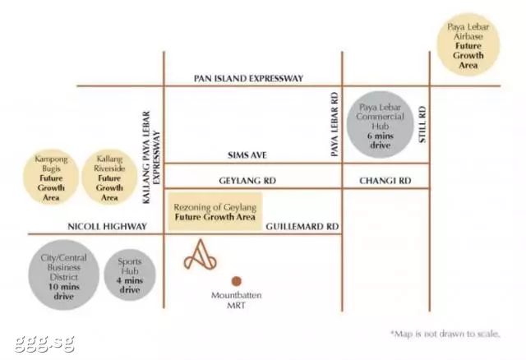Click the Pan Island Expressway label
[x=248, y=79]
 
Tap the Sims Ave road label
[x=247, y=155]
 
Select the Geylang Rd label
[x=247, y=181]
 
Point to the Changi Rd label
[x=385, y=181]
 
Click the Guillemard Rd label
[x=302, y=227]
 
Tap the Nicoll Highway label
[x=108, y=227]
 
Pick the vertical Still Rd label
[x=422, y=124]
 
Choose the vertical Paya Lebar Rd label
[x=335, y=124]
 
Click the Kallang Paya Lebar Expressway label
[x=151, y=157]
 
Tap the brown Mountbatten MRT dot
[x=236, y=281]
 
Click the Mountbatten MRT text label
[x=236, y=300]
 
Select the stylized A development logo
[x=201, y=255]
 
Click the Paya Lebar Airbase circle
[x=468, y=44]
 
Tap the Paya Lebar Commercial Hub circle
[x=380, y=124]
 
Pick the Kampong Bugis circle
[x=51, y=177]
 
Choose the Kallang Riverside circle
[x=109, y=177]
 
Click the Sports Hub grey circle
[x=130, y=275]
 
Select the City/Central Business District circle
[x=64, y=275]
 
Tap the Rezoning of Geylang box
[x=215, y=212]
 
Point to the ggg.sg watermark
[x=44, y=343]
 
